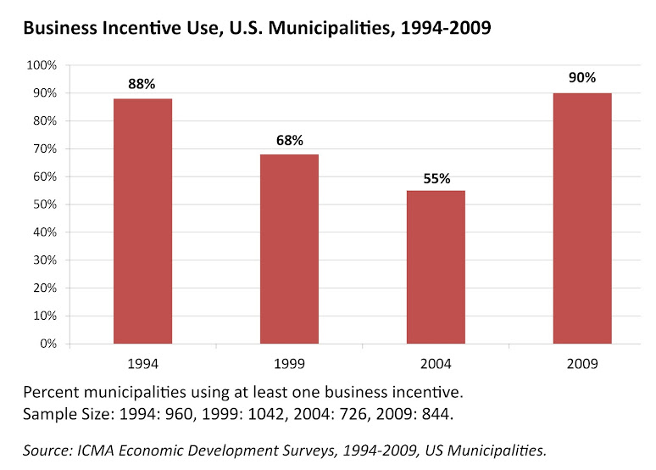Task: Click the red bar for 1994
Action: [x=142, y=221]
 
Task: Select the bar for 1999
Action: [x=289, y=249]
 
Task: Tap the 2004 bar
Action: [x=436, y=267]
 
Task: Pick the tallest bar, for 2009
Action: [x=582, y=219]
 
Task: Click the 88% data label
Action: [x=142, y=84]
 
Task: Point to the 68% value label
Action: [x=289, y=140]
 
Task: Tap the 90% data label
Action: [x=582, y=78]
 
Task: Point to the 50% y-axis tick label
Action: [x=43, y=205]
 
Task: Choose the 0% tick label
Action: [x=47, y=344]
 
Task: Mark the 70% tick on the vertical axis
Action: [x=43, y=149]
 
